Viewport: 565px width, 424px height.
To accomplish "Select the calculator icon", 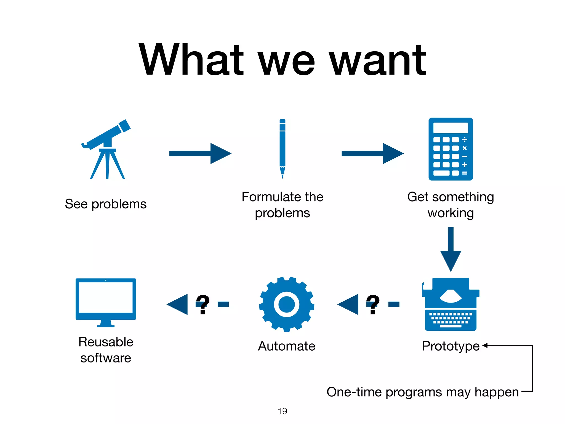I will coord(451,149).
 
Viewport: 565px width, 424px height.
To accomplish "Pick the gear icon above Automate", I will coord(286,304).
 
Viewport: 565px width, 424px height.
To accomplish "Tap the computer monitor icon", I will coord(106,301).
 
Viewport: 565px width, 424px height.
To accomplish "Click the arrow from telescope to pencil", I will coord(200,153).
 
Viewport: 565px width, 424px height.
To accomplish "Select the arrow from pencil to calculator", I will coord(372,153).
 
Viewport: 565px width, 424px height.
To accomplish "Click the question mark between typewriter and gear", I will coord(373,304).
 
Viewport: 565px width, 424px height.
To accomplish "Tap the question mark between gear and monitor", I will coord(203,304).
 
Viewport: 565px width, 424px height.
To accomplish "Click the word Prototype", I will coord(451,346).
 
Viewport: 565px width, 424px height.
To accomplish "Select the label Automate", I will coord(286,346).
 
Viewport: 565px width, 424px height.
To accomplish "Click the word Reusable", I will coord(106,342).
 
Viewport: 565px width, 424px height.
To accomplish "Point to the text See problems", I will coord(106,204).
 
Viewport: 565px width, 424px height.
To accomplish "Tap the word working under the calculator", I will coord(451,213).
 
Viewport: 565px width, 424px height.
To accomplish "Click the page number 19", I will coord(282,411).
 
